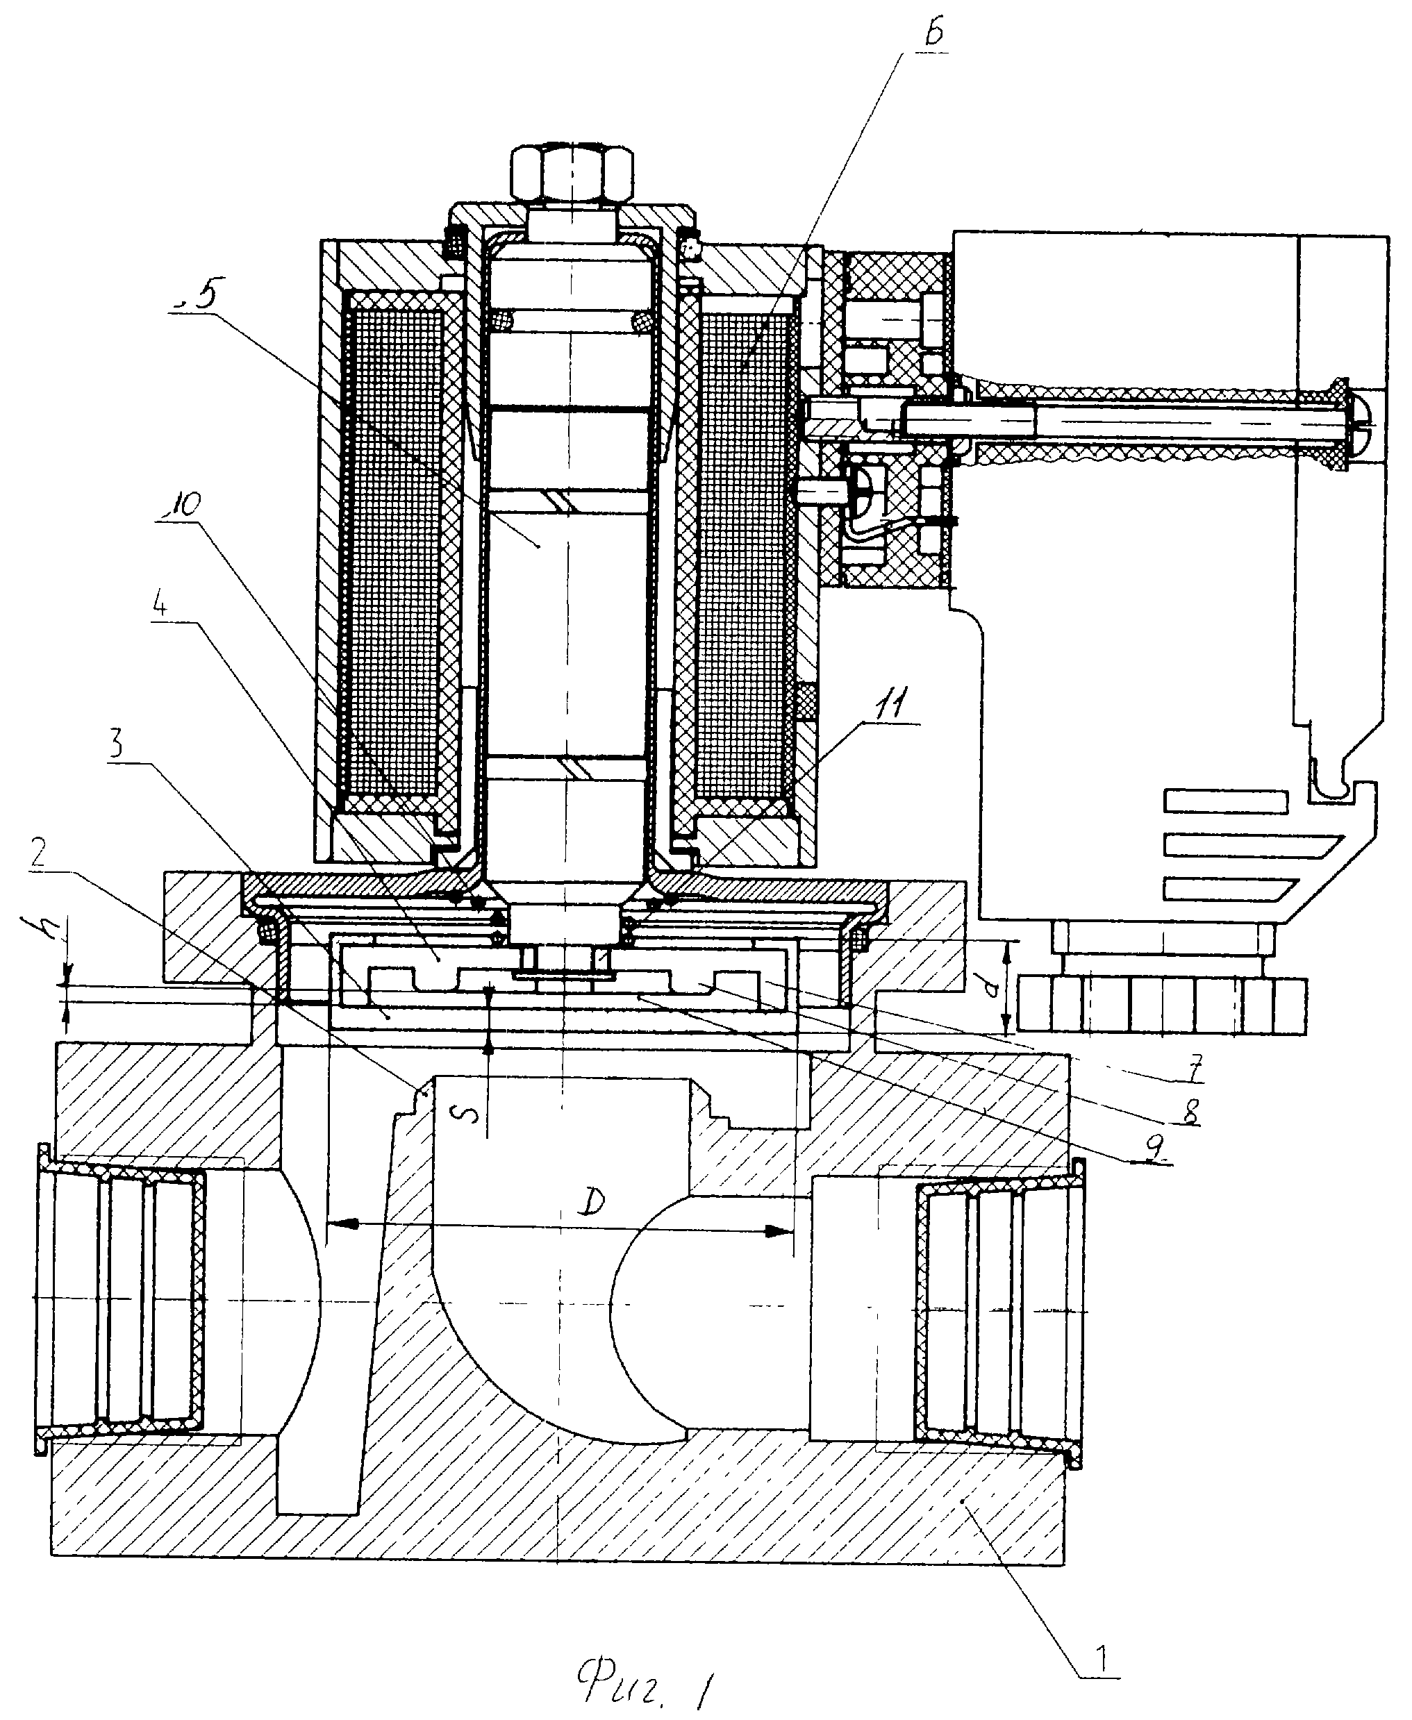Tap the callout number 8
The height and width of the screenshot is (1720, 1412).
(x=1192, y=1112)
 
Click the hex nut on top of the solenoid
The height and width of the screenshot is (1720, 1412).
(x=572, y=174)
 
